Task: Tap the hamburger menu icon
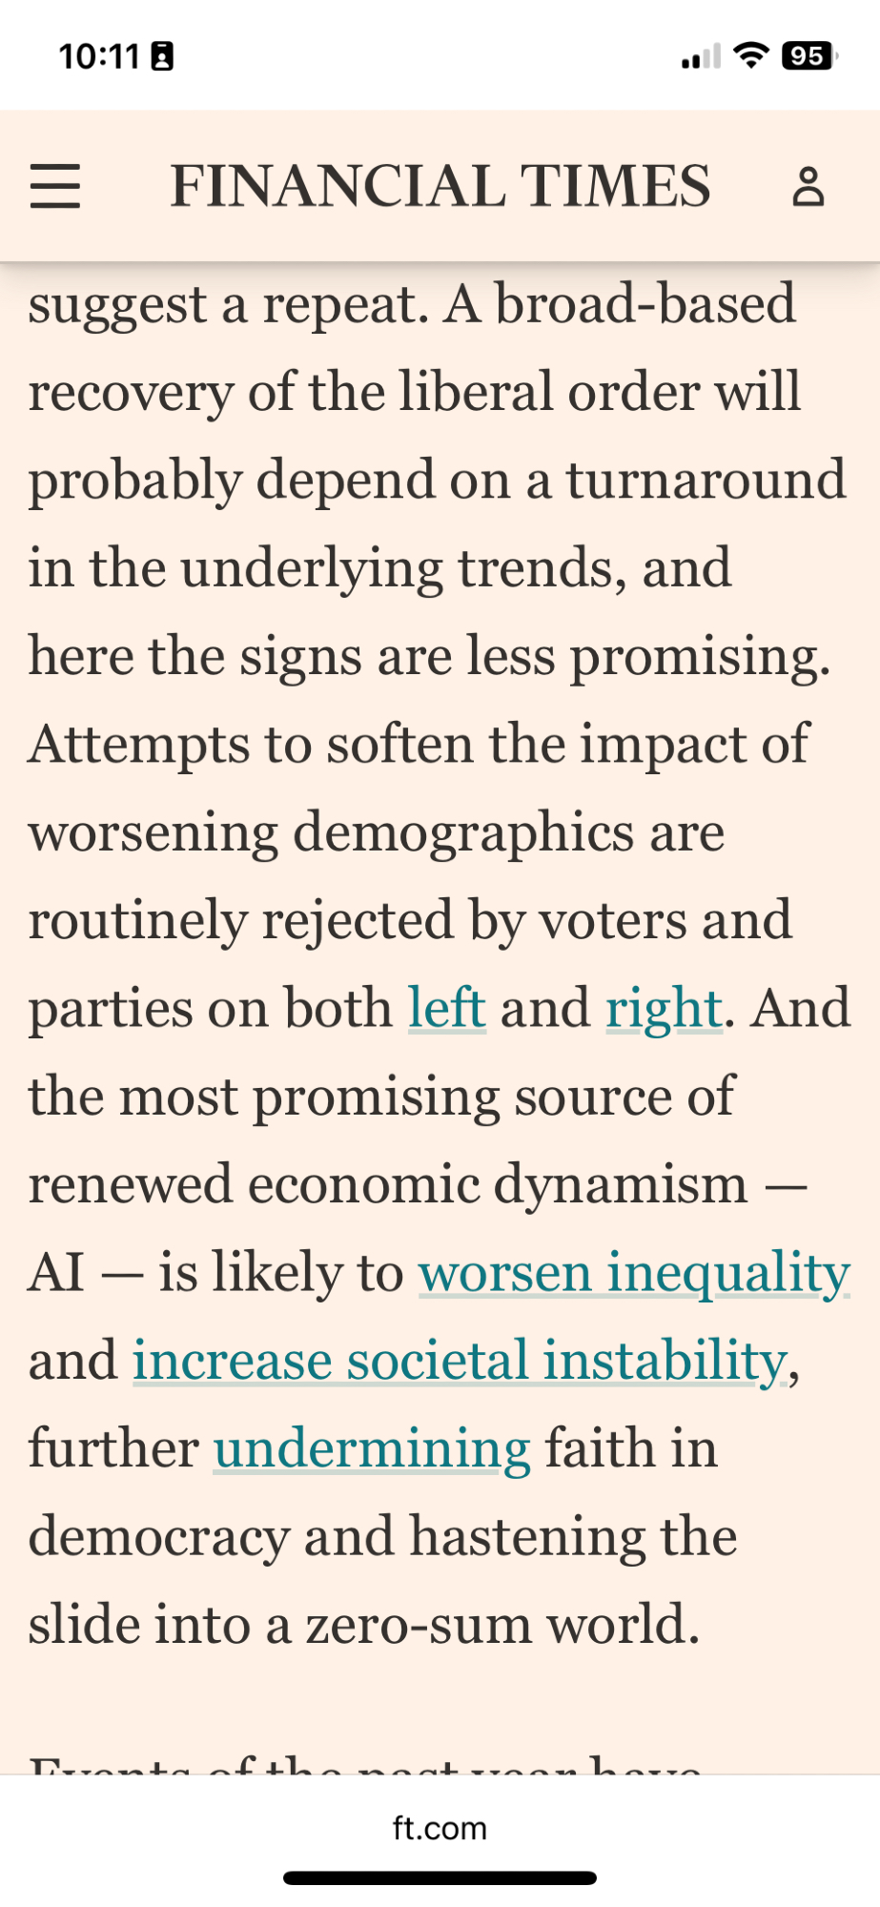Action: pyautogui.click(x=55, y=186)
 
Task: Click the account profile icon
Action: pyautogui.click(x=808, y=187)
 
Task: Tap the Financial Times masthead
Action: pyautogui.click(x=440, y=186)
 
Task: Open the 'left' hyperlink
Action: pyautogui.click(x=447, y=1009)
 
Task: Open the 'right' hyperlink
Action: pyautogui.click(x=664, y=1009)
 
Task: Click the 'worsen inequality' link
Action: pyautogui.click(x=634, y=1273)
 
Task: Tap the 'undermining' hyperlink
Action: pyautogui.click(x=372, y=1448)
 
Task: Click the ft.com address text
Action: pyautogui.click(x=440, y=1828)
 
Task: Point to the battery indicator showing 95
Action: pyautogui.click(x=808, y=56)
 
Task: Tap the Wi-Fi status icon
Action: pyautogui.click(x=751, y=56)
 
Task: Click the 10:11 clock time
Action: pyautogui.click(x=99, y=56)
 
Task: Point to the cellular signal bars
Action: pyautogui.click(x=701, y=57)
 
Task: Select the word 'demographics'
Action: pyautogui.click(x=464, y=832)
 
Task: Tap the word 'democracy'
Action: pyautogui.click(x=158, y=1537)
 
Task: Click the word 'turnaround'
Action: pyautogui.click(x=706, y=480)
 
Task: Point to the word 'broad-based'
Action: pyautogui.click(x=645, y=304)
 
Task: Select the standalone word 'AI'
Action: pyautogui.click(x=56, y=1273)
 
